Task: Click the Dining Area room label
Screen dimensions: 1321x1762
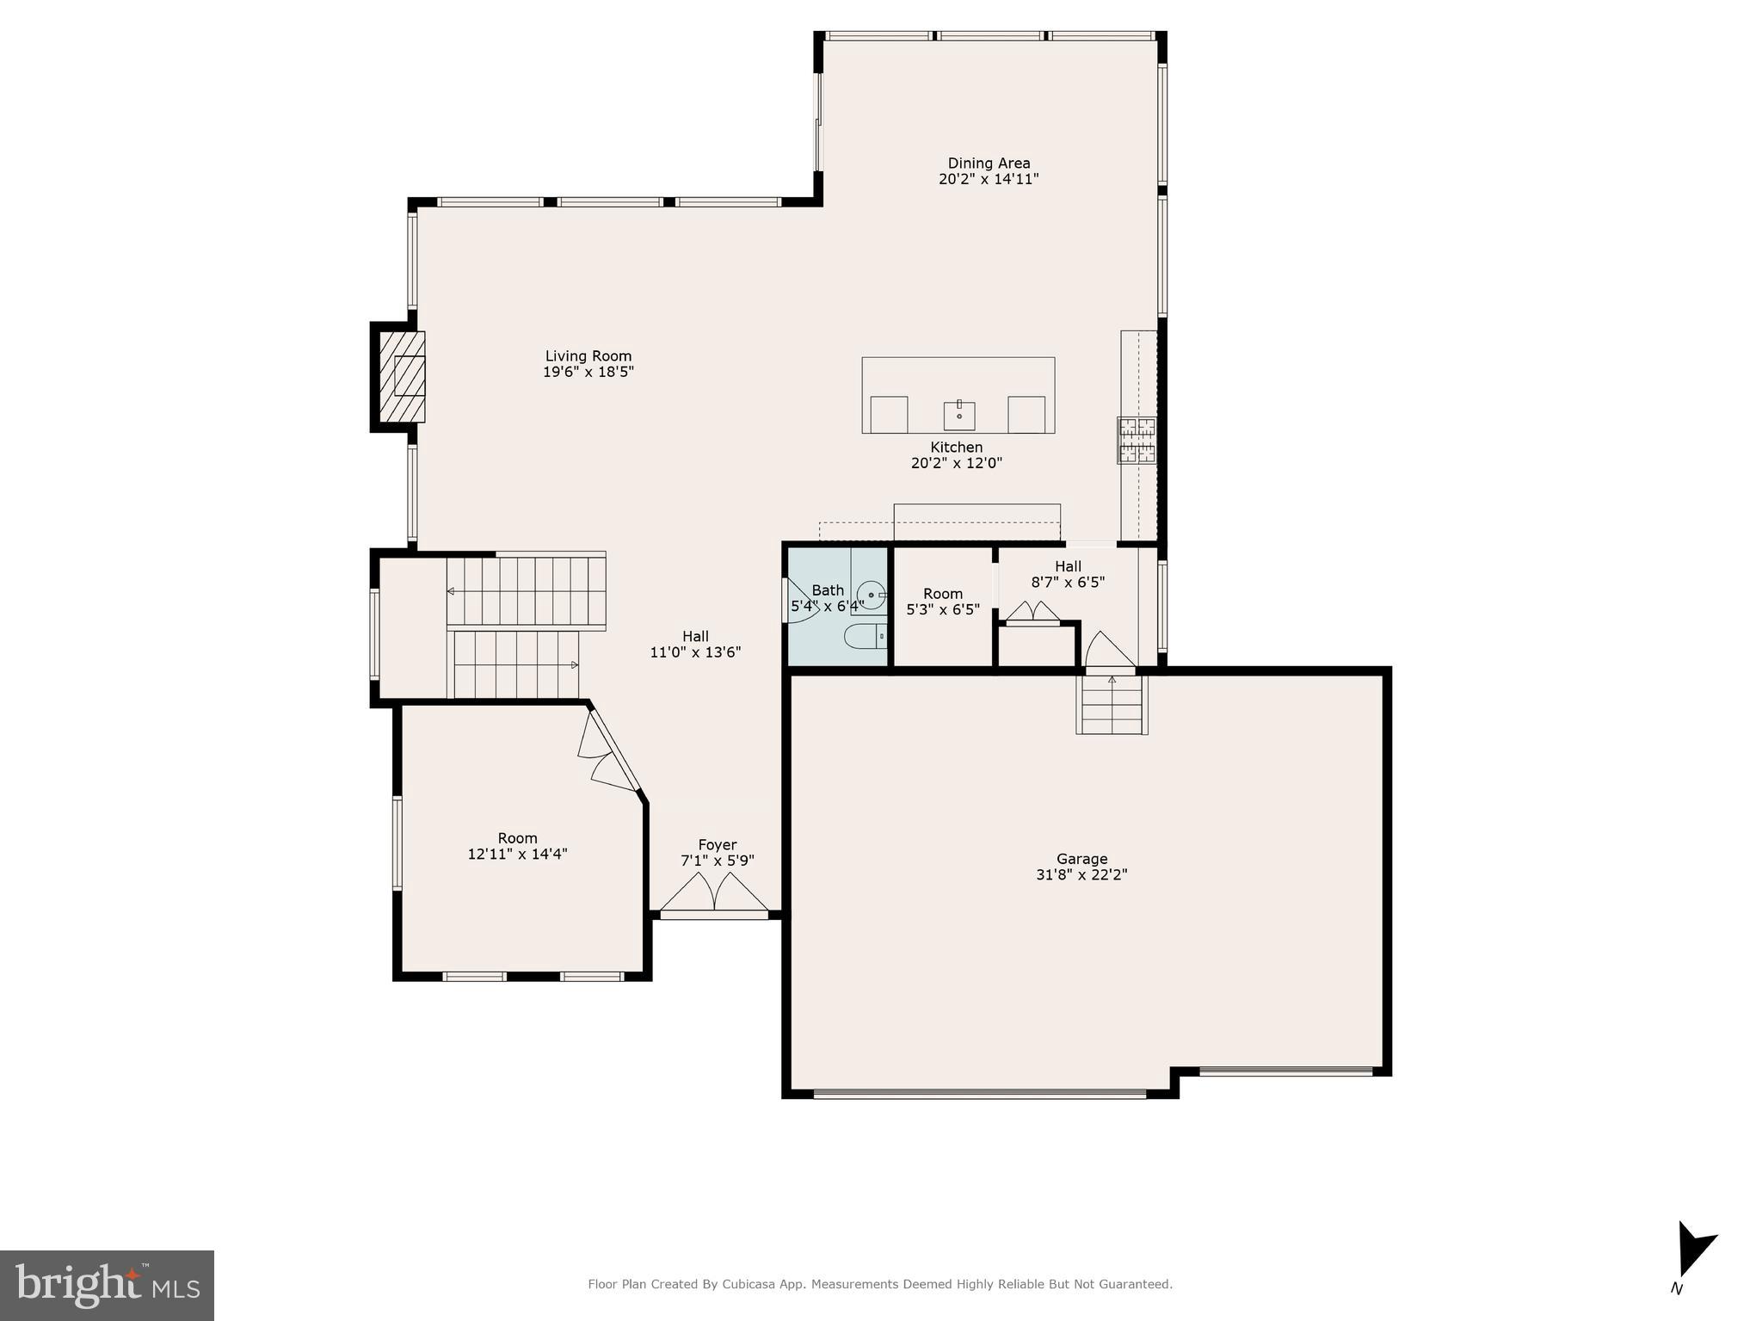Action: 989,164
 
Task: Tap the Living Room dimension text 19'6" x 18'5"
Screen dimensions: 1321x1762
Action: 588,372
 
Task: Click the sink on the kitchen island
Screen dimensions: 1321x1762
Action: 958,415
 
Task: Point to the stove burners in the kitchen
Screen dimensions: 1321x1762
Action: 1137,440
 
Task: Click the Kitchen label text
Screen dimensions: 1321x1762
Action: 956,447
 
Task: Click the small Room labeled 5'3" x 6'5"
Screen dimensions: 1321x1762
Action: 943,602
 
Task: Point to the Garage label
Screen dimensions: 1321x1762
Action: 1081,859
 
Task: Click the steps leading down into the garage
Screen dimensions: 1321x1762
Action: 1112,704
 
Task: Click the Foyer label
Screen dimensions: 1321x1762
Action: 717,845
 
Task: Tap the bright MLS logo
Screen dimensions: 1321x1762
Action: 107,1285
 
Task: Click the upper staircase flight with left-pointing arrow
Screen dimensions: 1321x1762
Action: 526,590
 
